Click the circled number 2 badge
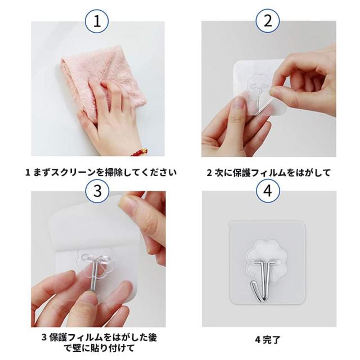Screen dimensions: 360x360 [x=268, y=22]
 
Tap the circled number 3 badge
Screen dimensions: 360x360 [x=98, y=190]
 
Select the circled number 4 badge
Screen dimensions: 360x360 [x=268, y=190]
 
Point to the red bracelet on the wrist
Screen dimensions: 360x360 [x=140, y=151]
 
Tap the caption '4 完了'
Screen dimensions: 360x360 [x=267, y=339]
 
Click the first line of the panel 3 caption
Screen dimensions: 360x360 [x=99, y=337]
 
